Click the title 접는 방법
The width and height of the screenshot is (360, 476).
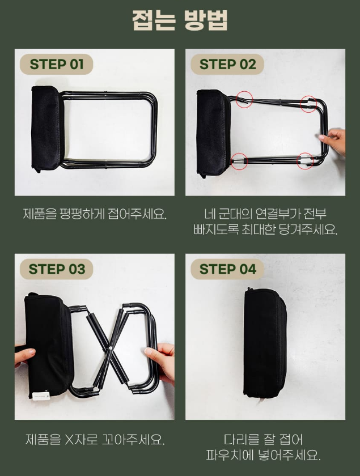[x=180, y=20]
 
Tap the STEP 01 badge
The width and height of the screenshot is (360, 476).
[x=56, y=65]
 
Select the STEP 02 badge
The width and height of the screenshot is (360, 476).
[x=227, y=65]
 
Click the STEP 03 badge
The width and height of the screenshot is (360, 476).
[x=56, y=269]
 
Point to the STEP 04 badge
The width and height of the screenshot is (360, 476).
[x=227, y=269]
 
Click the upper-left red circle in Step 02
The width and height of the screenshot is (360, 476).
[x=244, y=99]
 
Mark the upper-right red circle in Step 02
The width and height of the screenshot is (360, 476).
[x=308, y=104]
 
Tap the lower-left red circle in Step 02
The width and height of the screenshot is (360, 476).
[x=239, y=161]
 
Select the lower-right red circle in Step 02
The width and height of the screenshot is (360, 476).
[x=304, y=160]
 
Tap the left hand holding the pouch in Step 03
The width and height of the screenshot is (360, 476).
[x=24, y=356]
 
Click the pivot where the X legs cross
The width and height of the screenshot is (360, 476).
[x=111, y=348]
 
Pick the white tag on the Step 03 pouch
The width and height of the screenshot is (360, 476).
[x=41, y=396]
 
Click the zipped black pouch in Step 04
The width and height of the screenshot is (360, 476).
[x=264, y=343]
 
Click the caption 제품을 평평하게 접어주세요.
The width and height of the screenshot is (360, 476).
[x=95, y=214]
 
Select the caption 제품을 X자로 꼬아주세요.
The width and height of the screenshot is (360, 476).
[x=95, y=440]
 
